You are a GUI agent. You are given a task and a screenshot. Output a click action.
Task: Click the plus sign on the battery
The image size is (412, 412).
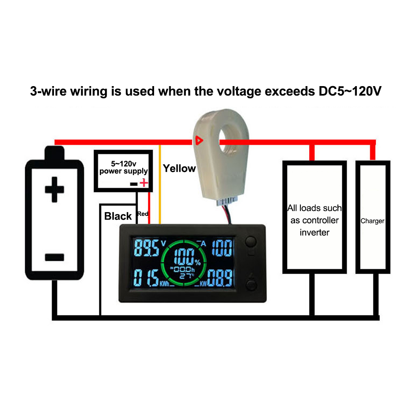[54, 190]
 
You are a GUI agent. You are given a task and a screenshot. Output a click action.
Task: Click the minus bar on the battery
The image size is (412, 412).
[54, 257]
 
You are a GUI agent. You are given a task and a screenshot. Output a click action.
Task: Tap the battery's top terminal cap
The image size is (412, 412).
[54, 153]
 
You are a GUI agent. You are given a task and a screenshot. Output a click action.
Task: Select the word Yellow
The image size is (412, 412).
[179, 168]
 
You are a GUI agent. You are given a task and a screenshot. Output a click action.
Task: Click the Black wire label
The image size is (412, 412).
[118, 216]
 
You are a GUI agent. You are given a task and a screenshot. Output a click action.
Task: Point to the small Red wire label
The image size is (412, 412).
[143, 214]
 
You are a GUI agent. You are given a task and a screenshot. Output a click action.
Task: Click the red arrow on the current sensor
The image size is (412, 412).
[199, 140]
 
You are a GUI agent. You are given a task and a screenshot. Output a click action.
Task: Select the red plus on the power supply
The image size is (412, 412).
[143, 183]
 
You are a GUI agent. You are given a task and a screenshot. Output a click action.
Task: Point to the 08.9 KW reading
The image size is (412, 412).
[219, 279]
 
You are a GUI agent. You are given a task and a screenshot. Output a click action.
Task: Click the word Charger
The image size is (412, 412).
[372, 221]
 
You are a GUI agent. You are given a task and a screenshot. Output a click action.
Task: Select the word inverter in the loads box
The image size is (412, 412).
[314, 233]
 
